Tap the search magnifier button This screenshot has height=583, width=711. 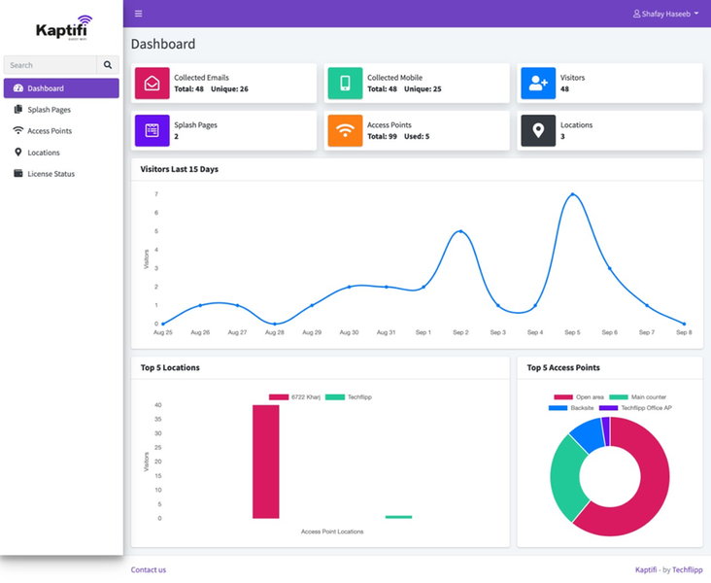[108, 65]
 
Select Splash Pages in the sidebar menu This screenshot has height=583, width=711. [49, 110]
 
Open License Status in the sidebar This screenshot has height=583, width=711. [51, 174]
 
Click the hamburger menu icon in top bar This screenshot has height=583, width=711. [139, 14]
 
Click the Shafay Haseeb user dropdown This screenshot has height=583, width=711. [665, 14]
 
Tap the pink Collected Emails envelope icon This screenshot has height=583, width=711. [152, 84]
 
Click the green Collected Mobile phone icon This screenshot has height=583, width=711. [345, 84]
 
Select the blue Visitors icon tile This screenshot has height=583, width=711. [538, 84]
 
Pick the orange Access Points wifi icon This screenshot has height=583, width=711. [345, 130]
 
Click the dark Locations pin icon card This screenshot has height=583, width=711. [538, 130]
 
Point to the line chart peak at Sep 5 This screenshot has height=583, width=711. [572, 194]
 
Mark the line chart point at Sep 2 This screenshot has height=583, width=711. [460, 231]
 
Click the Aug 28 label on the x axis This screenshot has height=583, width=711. [275, 332]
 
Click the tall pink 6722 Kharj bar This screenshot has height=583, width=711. [265, 462]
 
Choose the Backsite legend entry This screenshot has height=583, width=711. [574, 408]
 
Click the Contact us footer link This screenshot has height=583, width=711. [149, 569]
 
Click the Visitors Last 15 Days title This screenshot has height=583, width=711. [179, 169]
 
